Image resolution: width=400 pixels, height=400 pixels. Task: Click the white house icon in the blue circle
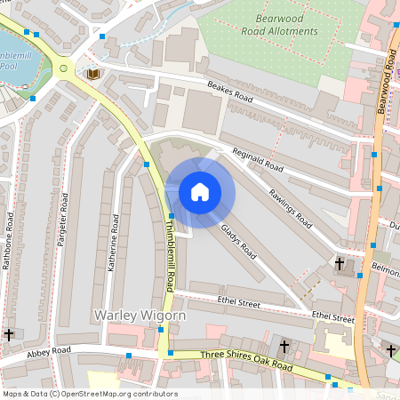[x=200, y=192]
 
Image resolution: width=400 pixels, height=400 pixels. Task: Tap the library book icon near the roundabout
[x=92, y=74]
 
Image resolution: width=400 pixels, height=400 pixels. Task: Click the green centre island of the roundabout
[x=63, y=68]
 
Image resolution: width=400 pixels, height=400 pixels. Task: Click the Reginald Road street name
[x=258, y=160]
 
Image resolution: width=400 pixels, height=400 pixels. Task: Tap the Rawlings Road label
[x=291, y=205]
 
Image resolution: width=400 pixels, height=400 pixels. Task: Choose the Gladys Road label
[x=238, y=241]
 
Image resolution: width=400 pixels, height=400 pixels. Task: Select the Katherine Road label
[x=114, y=241]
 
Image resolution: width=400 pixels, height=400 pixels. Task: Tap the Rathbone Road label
[x=10, y=241]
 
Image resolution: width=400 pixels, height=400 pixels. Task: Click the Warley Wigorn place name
[x=140, y=315]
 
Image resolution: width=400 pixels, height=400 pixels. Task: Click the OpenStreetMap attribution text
[x=90, y=394]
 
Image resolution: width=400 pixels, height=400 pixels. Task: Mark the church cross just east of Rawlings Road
[x=339, y=263]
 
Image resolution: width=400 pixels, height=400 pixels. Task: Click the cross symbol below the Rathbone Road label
[x=9, y=334]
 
